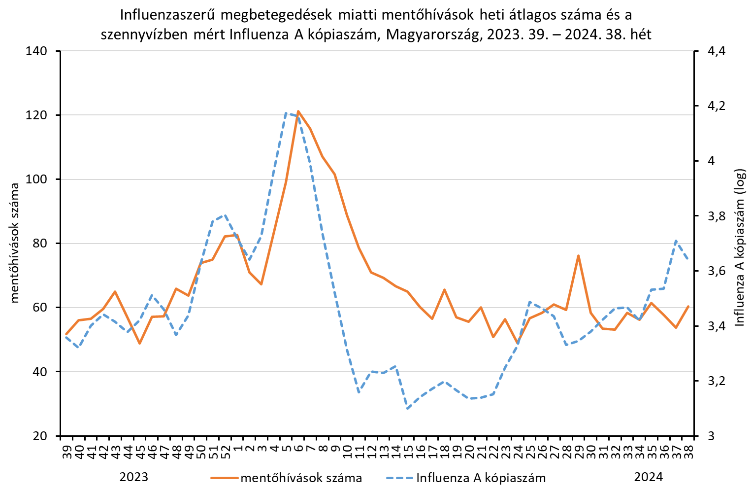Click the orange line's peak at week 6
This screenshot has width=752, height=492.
click(x=298, y=111)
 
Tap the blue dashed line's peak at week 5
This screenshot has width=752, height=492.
click(x=286, y=113)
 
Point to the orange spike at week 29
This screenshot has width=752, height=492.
click(x=578, y=255)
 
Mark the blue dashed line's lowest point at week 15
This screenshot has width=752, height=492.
click(x=407, y=408)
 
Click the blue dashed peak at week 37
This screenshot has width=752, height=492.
click(x=676, y=241)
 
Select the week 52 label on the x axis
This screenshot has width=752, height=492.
click(x=225, y=450)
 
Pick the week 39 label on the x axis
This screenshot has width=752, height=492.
click(x=67, y=450)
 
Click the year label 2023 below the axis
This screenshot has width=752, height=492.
click(x=134, y=477)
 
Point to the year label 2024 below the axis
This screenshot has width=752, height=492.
click(x=648, y=477)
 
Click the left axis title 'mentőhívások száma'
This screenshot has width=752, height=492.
click(x=15, y=243)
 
